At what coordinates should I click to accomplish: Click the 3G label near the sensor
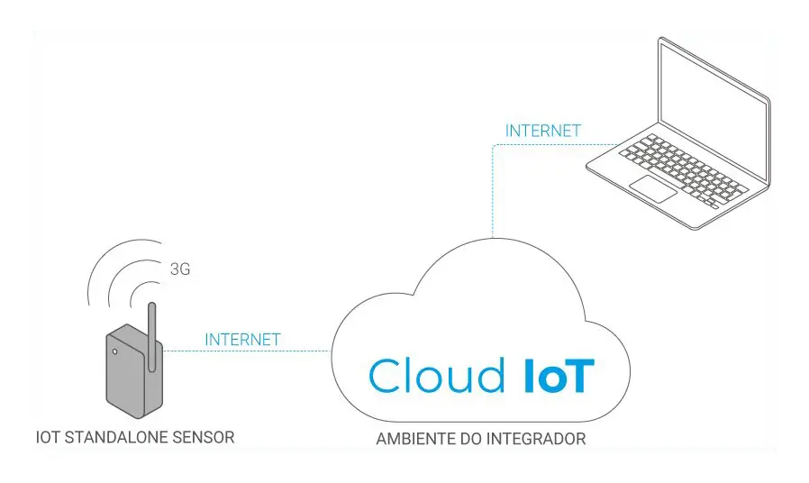[x=180, y=269]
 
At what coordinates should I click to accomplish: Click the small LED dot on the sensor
[x=114, y=351]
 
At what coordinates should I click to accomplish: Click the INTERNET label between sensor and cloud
[x=243, y=340]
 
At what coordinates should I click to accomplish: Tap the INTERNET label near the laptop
[x=543, y=131]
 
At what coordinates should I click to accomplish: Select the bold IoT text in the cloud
[x=559, y=376]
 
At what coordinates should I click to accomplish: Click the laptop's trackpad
[x=652, y=189]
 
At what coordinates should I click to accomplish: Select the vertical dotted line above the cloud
[x=492, y=198]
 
